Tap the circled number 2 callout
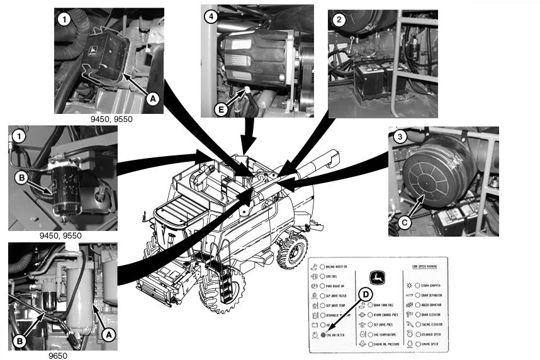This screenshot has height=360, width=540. click(339, 20)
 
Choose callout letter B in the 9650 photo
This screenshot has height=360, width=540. click(20, 340)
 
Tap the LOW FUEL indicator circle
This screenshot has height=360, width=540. click(322, 275)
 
